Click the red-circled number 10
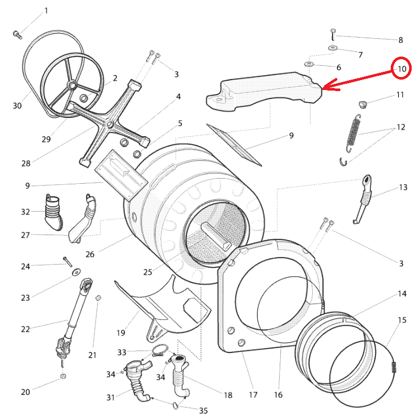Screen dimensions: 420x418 [401, 69]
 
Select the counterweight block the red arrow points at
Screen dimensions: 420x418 [262, 93]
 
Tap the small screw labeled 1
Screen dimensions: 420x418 [17, 35]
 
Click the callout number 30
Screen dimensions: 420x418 [17, 106]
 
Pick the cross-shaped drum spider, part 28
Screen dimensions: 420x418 [110, 124]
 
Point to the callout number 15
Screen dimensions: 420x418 [402, 320]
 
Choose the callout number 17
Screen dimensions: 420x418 [254, 394]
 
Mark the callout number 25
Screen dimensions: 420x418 [147, 272]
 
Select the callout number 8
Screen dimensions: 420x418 [401, 40]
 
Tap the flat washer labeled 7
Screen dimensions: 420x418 [333, 49]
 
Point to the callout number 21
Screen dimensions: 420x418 [92, 355]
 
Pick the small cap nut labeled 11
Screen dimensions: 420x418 [361, 102]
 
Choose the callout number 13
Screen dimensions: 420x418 [403, 187]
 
